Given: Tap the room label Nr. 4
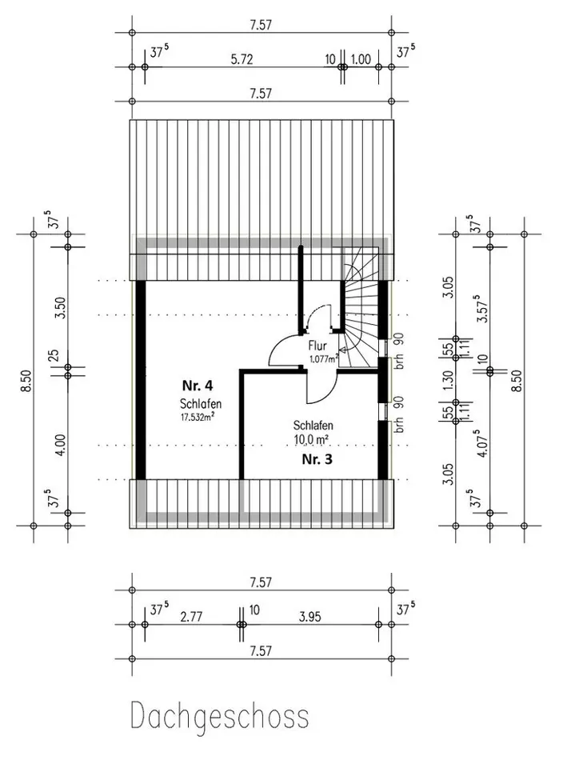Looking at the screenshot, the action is click(198, 386).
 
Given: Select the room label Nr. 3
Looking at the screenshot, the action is click(317, 459).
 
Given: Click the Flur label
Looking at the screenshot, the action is click(317, 346).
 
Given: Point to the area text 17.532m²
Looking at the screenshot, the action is click(198, 418).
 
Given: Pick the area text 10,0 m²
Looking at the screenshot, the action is click(311, 439).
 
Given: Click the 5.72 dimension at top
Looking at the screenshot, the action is click(242, 59).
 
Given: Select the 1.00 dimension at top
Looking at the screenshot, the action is click(361, 59).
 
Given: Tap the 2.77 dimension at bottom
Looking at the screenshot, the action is click(191, 617).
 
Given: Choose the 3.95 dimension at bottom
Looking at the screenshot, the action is click(310, 617).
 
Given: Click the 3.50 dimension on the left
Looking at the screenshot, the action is click(60, 307).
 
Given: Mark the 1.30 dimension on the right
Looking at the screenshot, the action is click(448, 380).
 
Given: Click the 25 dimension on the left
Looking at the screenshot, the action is click(55, 355).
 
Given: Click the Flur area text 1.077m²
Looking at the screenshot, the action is click(324, 358).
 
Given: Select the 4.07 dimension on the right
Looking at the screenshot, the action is click(481, 443).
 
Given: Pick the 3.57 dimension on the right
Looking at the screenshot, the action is click(481, 309).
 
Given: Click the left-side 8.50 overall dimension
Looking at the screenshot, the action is click(26, 381).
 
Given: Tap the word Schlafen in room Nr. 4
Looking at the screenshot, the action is click(201, 404).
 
